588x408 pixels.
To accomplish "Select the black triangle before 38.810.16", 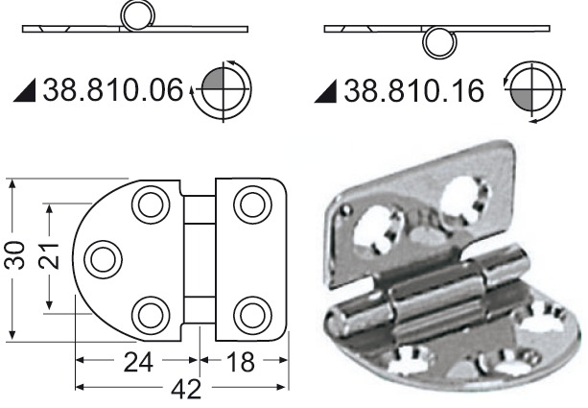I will click(329, 93).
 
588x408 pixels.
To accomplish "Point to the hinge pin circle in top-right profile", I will click(440, 42).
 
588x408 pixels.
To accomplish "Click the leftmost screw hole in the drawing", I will click(103, 258).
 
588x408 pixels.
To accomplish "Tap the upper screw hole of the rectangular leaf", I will click(250, 204).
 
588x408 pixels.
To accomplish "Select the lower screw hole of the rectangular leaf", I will click(250, 314).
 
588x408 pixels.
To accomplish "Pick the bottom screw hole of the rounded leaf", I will click(149, 314).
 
